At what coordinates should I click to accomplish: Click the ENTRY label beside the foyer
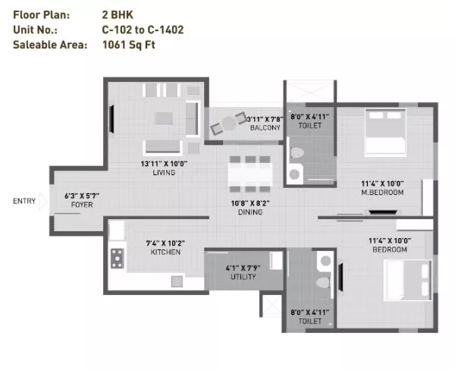24,201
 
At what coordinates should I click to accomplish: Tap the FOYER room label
82,205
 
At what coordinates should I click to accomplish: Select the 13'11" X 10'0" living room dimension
164,164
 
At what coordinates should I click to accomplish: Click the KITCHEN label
165,252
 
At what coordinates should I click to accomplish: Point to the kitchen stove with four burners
118,259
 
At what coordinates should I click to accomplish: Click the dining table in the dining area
250,174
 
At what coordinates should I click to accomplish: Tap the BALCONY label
265,127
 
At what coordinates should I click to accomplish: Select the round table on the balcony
229,124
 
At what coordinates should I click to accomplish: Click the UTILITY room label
243,277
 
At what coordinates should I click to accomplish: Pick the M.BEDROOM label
382,192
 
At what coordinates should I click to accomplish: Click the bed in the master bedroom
386,133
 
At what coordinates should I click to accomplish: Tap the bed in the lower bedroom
408,281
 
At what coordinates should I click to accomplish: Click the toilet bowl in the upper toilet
297,152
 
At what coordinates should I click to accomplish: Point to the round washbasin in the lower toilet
325,261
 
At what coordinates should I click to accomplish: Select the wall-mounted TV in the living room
111,119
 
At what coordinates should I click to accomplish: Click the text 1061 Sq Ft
129,45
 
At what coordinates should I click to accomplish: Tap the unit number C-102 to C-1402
143,30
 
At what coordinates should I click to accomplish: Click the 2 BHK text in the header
118,14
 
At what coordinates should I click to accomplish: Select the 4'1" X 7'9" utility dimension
243,268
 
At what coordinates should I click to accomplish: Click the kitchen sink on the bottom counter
177,281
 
